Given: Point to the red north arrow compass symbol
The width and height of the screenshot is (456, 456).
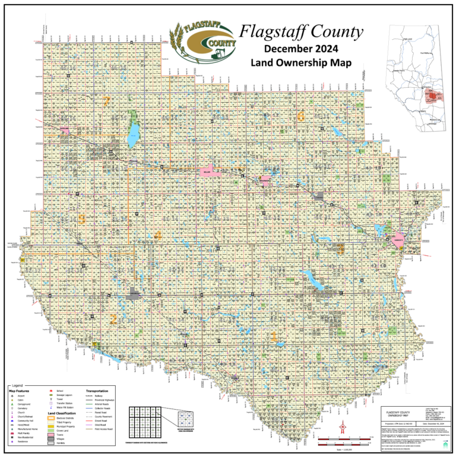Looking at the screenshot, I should (343, 427).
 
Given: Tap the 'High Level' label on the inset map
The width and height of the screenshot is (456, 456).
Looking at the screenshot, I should (407, 39).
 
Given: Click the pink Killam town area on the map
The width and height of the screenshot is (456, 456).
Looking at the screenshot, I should (208, 171).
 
